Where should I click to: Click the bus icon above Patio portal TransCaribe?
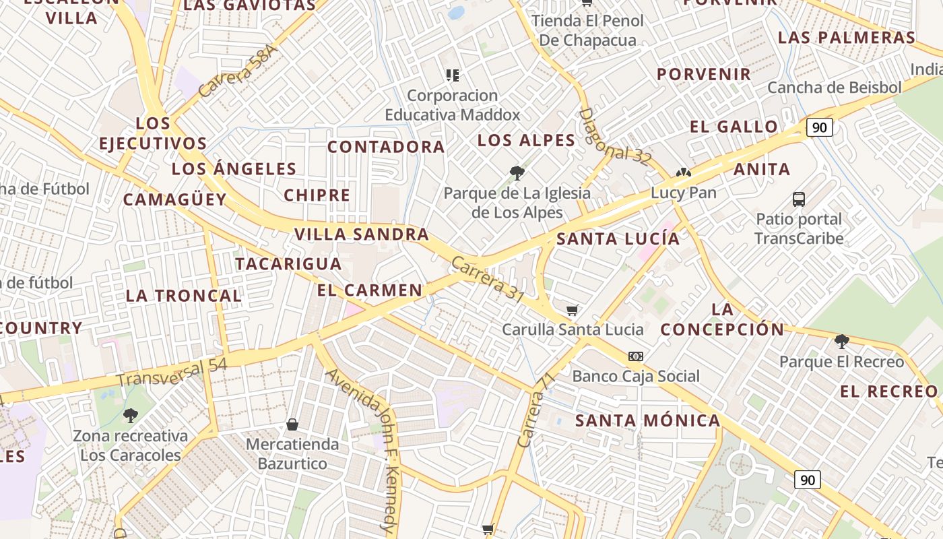(799, 199)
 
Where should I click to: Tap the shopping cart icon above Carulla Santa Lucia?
(572, 310)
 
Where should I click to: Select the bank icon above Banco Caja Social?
(635, 356)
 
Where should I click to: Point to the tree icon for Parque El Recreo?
(841, 341)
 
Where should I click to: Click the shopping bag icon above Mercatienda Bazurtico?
(292, 424)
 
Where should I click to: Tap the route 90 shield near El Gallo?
(819, 127)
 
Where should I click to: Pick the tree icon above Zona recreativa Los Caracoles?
(130, 415)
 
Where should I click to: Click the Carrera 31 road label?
(488, 278)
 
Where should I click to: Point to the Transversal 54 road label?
(172, 372)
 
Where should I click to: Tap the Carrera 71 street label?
(531, 410)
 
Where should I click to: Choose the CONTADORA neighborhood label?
(386, 147)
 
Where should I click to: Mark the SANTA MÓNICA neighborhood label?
(647, 421)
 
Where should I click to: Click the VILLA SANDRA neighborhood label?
(362, 234)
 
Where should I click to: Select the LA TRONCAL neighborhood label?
(183, 296)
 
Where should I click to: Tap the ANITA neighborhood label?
(761, 169)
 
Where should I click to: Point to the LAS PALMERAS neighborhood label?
(847, 38)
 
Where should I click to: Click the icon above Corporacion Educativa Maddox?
(452, 75)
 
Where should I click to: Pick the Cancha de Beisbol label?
(834, 88)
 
